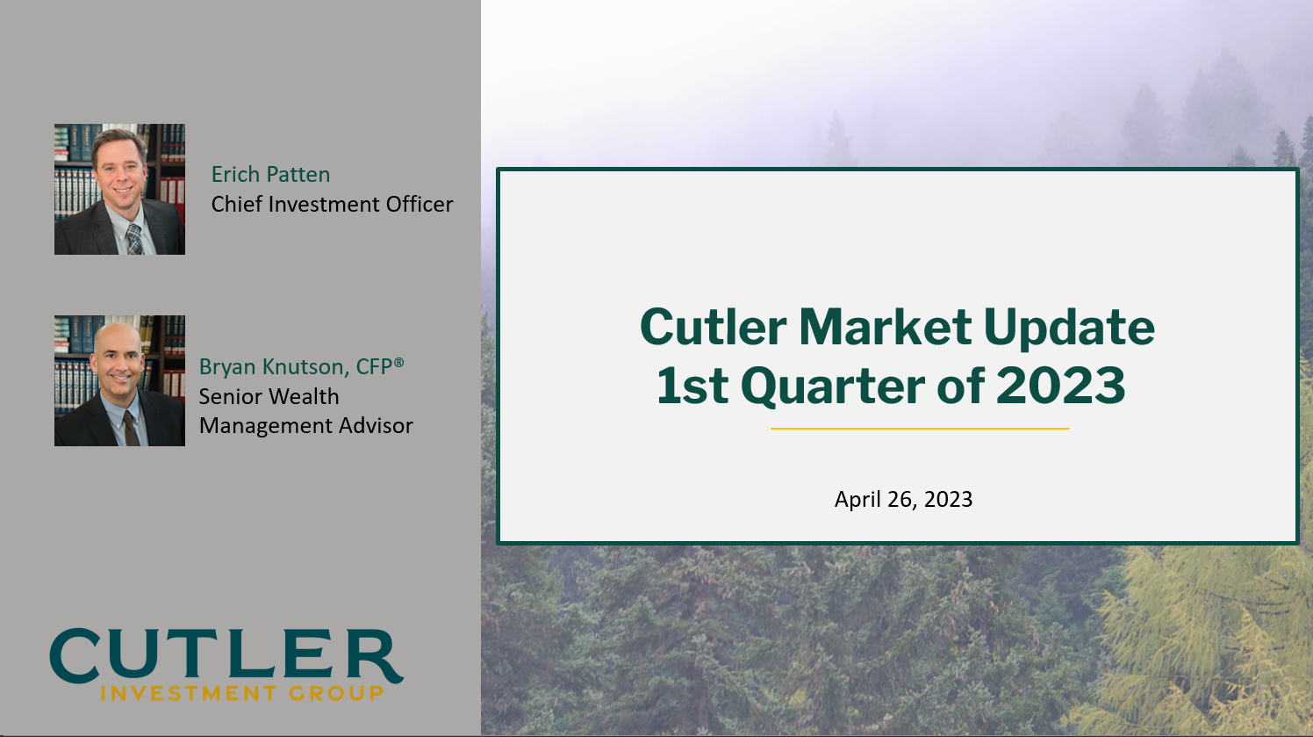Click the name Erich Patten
pos(270,175)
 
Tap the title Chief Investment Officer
pos(332,205)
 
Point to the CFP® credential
pos(380,366)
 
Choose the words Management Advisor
pos(305,426)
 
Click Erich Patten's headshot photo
pos(119,189)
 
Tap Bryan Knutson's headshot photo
pos(119,380)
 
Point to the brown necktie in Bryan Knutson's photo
pos(130,428)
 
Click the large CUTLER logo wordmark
pos(226,656)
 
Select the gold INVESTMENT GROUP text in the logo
pos(242,694)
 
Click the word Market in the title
pos(885,328)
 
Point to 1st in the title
pos(692,387)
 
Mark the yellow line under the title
pos(920,429)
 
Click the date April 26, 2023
pos(903,500)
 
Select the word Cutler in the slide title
pos(713,328)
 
